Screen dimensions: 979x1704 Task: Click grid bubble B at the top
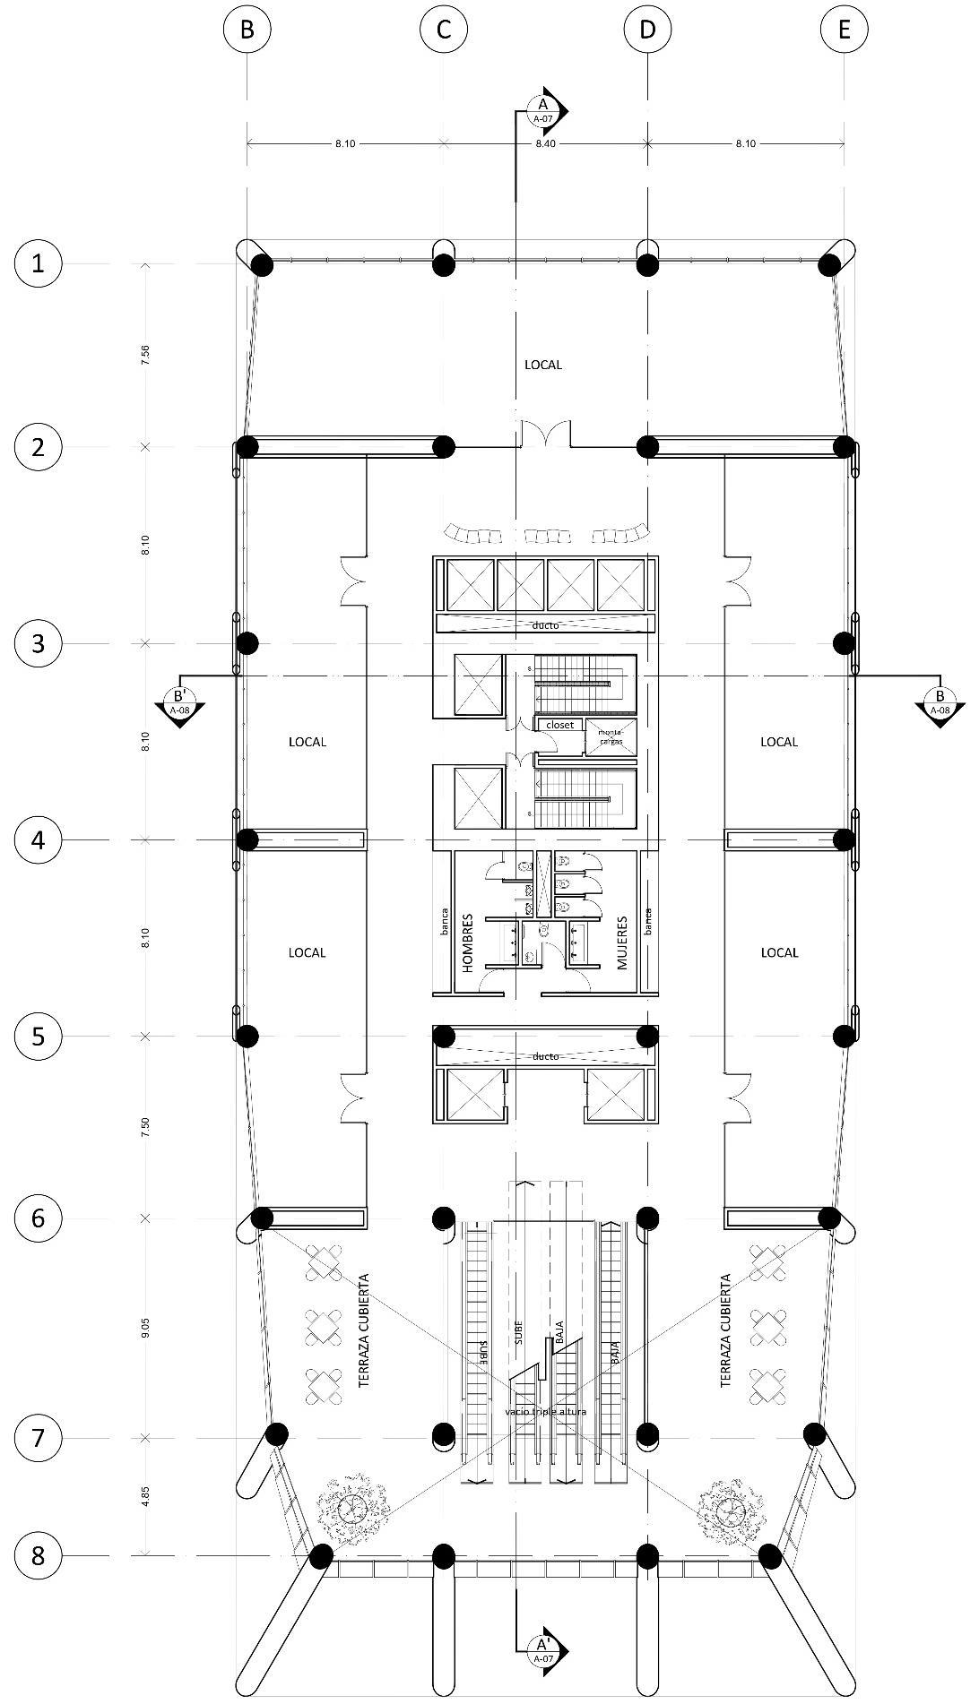click(247, 30)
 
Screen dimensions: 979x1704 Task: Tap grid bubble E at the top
click(844, 30)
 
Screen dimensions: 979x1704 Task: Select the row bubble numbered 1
click(38, 264)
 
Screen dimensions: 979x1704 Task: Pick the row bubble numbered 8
click(38, 1554)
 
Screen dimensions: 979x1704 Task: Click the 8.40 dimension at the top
click(545, 143)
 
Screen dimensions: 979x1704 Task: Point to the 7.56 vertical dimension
click(145, 354)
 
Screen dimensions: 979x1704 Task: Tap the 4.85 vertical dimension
click(145, 1496)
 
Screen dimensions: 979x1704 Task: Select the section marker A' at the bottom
click(543, 1646)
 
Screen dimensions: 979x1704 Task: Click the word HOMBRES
click(467, 943)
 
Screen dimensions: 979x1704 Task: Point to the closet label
click(559, 724)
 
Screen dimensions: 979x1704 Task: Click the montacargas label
click(611, 736)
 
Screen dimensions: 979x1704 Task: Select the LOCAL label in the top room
click(543, 365)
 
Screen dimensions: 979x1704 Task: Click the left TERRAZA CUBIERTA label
click(364, 1331)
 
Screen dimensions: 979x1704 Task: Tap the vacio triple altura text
click(546, 1412)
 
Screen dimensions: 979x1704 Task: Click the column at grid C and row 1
click(444, 264)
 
